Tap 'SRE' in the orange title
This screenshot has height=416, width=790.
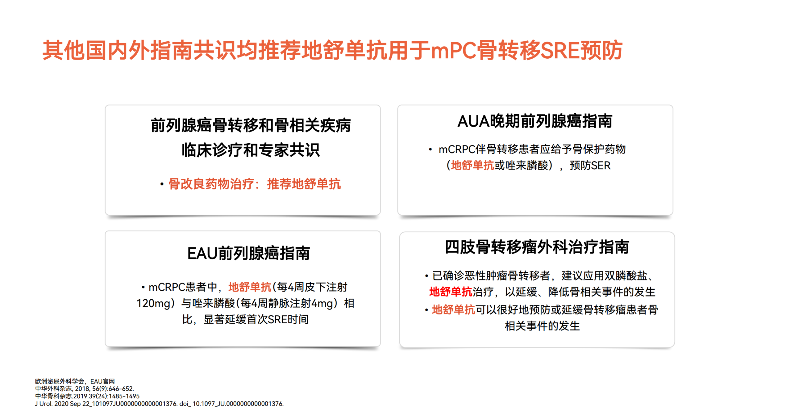pyautogui.click(x=560, y=51)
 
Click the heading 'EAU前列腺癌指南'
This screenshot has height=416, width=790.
pyautogui.click(x=248, y=253)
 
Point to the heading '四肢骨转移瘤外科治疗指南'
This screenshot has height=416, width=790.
pyautogui.click(x=537, y=247)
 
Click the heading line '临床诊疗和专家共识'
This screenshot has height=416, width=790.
pyautogui.click(x=251, y=150)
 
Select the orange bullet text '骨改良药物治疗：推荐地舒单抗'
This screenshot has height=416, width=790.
pyautogui.click(x=255, y=184)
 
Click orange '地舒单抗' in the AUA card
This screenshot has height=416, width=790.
pyautogui.click(x=472, y=165)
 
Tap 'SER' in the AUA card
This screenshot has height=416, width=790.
pyautogui.click(x=601, y=166)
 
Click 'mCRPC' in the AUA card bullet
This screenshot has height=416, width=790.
pyautogui.click(x=457, y=149)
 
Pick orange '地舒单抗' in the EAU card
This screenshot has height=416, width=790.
pyautogui.click(x=250, y=287)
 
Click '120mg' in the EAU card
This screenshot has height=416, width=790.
pyautogui.click(x=153, y=304)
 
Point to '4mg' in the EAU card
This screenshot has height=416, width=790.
pyautogui.click(x=322, y=304)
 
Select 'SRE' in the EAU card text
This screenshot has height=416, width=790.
pyautogui.click(x=277, y=319)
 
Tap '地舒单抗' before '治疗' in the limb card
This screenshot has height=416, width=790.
pyautogui.click(x=451, y=292)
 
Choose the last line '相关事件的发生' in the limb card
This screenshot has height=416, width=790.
pyautogui.click(x=542, y=326)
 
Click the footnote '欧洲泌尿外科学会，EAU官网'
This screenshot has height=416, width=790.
pyautogui.click(x=75, y=381)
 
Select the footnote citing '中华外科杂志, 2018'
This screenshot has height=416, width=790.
pyautogui.click(x=84, y=389)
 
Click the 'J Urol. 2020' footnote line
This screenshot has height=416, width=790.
pyautogui.click(x=159, y=404)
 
